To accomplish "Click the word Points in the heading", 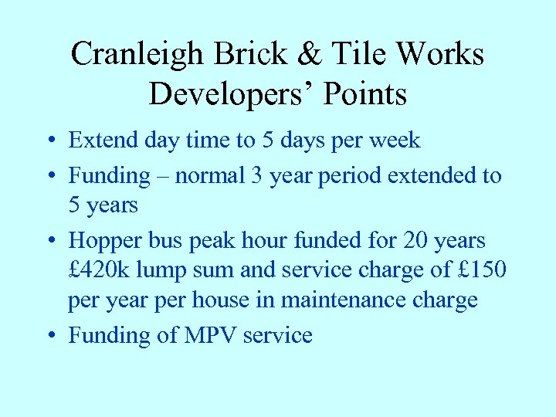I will tap(365, 94).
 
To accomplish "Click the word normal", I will tap(209, 175).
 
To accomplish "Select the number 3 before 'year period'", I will tap(256, 175).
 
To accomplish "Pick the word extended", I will tap(432, 175).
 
